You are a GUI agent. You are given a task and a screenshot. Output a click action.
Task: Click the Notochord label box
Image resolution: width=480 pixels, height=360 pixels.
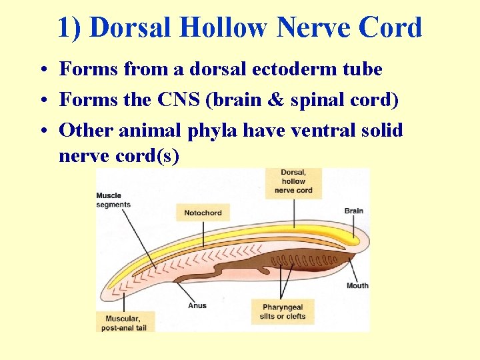[x=203, y=213]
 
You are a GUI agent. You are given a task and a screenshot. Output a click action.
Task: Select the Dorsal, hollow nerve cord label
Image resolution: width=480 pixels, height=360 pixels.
[x=293, y=181]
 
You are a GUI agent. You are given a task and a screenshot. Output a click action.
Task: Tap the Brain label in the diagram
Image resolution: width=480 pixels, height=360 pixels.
[x=353, y=211]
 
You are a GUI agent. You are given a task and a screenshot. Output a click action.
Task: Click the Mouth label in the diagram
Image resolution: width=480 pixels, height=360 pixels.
[x=357, y=286]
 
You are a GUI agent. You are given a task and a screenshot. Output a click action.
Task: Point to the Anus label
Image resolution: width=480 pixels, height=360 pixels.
[x=197, y=306]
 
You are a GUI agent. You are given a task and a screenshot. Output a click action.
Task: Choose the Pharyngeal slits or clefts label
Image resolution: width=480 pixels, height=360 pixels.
[x=283, y=312]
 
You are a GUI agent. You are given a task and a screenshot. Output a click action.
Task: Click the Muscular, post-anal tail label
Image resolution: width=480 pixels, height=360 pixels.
[x=125, y=323]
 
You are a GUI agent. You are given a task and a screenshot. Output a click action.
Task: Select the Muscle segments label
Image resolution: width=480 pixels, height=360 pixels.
[x=113, y=200]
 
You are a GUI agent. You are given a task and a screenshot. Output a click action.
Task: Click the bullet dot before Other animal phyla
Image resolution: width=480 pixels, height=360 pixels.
[x=42, y=131]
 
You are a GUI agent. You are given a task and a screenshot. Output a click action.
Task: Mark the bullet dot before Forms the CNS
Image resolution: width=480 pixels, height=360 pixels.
[x=42, y=100]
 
